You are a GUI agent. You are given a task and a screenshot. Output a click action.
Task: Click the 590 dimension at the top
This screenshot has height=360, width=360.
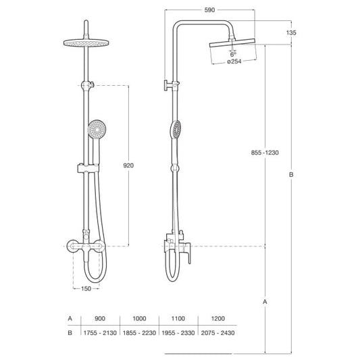point(209,10)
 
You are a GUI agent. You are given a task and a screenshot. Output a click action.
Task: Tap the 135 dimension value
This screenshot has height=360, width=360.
point(291,32)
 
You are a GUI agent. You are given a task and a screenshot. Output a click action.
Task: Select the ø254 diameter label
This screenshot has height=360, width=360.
point(234,61)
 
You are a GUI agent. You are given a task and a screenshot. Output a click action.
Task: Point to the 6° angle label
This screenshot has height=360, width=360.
point(233,55)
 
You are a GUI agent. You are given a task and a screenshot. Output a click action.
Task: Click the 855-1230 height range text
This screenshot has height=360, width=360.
point(265,153)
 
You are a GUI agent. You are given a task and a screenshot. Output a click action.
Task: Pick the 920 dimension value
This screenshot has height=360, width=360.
point(128,165)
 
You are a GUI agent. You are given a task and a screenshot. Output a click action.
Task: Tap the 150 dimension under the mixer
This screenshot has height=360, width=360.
point(86,288)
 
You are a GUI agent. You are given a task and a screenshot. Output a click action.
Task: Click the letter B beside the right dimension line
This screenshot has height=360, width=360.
point(291,175)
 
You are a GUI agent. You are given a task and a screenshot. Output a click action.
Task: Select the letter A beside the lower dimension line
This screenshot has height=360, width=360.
point(265,302)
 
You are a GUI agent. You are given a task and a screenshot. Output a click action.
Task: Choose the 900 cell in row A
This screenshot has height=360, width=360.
point(100,318)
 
